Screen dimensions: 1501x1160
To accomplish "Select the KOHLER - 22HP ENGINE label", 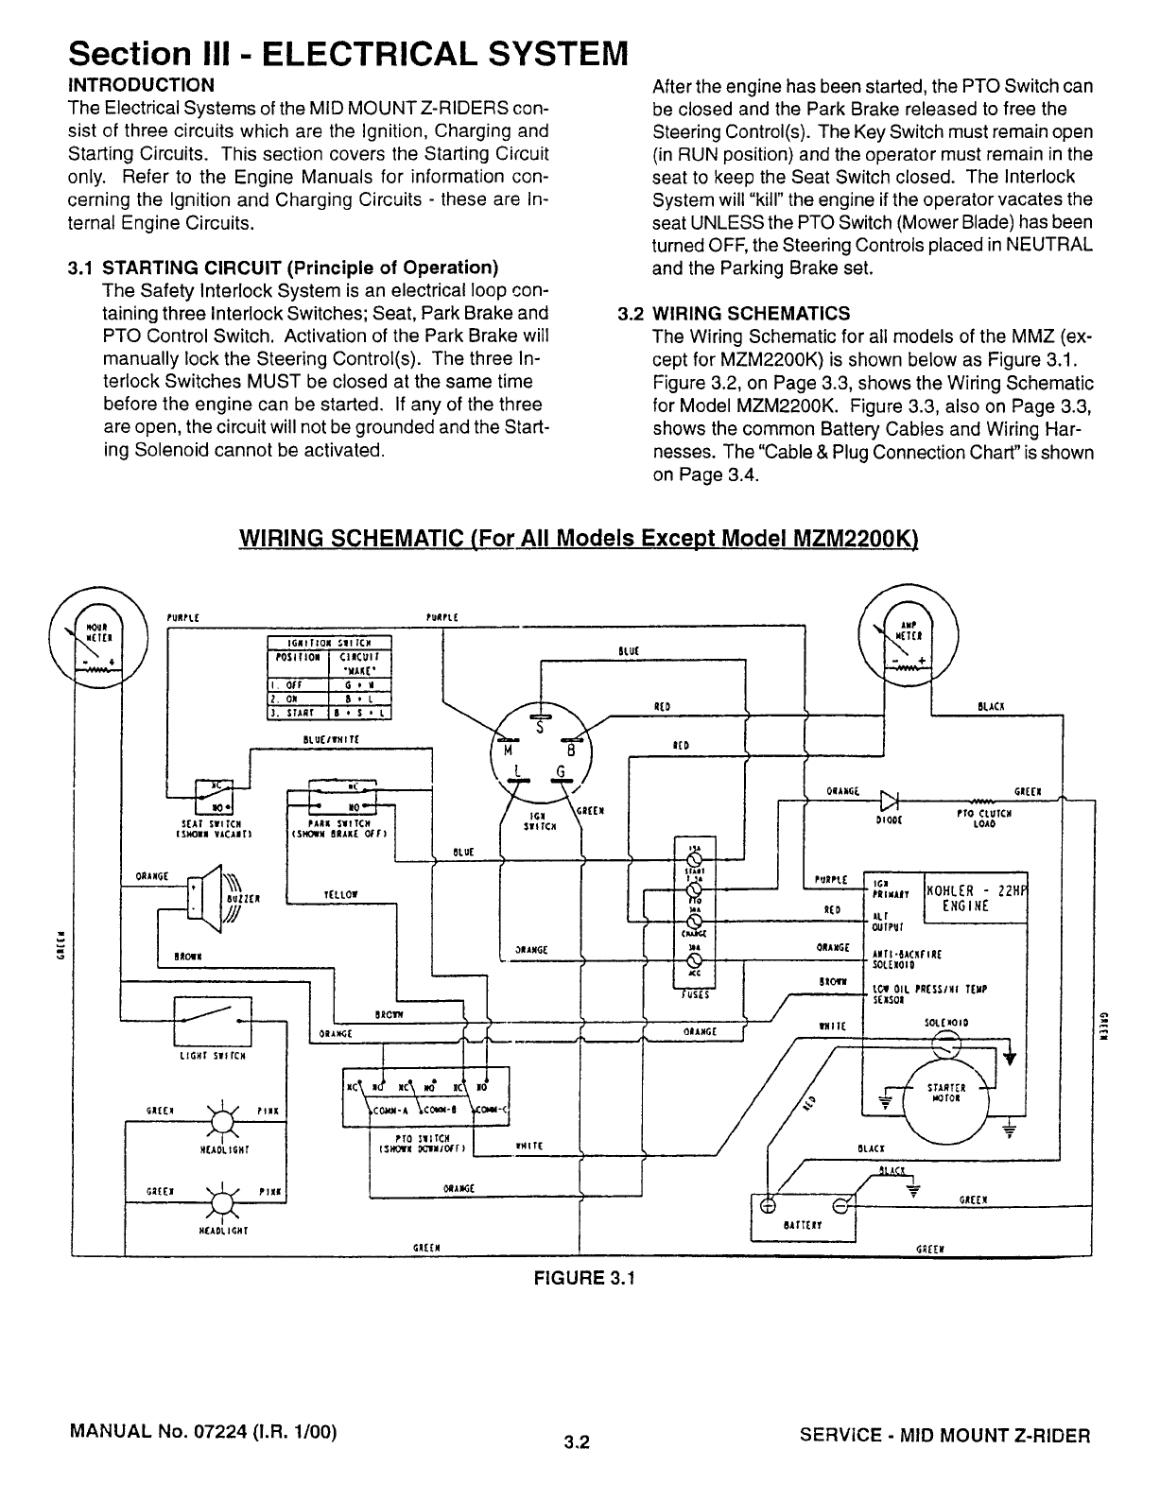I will point(975,897).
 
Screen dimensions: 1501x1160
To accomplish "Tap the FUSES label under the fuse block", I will point(695,994).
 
